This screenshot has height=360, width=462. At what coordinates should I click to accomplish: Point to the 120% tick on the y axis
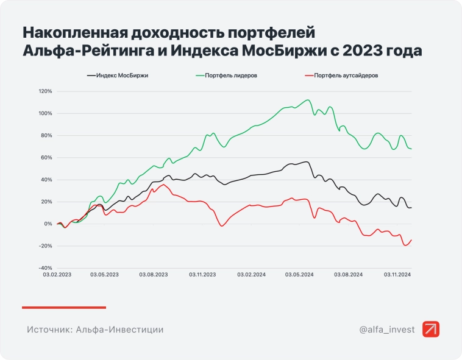[45, 91]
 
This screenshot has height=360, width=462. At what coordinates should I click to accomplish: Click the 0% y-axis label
[48, 224]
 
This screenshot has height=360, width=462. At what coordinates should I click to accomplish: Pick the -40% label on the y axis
[45, 268]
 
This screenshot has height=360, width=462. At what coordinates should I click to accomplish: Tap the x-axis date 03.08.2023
[153, 275]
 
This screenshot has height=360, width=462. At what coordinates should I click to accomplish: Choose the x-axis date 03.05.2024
[299, 275]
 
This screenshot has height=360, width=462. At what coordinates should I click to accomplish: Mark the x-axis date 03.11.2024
[397, 275]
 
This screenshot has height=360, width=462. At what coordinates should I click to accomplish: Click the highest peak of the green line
[308, 100]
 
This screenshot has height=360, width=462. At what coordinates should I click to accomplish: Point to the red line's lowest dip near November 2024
[405, 245]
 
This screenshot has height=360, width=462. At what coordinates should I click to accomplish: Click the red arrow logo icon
[431, 329]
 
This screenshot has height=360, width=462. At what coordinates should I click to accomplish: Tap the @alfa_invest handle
[387, 330]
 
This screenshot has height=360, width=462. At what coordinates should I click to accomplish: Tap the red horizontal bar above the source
[64, 307]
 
